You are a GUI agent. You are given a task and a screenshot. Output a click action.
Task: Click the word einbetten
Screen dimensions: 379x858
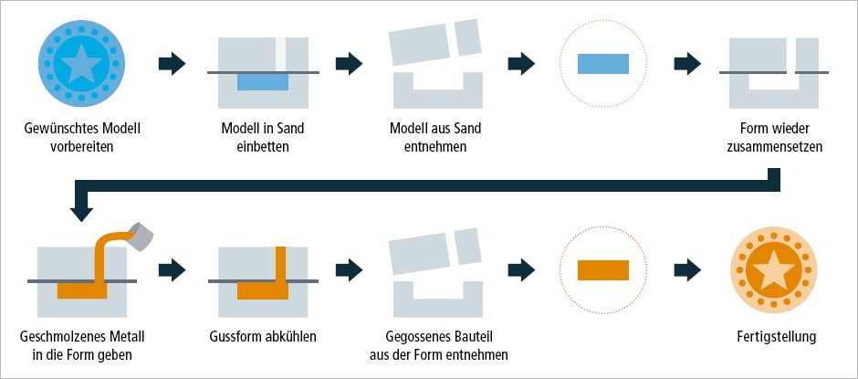coord(263,146)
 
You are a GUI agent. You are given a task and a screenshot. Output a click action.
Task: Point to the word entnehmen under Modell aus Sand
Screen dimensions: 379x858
coord(437,146)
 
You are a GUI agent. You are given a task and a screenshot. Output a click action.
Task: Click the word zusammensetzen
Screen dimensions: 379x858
coord(774,146)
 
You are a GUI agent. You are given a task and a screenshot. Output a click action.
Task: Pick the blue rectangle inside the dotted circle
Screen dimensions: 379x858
coord(603,63)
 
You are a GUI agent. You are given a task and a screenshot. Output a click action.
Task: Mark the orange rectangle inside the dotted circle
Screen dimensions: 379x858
coord(603,270)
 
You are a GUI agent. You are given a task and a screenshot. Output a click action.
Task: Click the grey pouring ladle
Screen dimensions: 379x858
coord(140,236)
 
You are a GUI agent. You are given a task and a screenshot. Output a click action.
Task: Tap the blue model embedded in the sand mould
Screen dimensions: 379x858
coord(263,81)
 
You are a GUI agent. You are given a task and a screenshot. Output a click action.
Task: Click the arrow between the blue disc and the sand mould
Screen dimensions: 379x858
coord(172,63)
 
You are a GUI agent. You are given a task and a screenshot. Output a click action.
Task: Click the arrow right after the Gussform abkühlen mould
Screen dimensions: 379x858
coord(348,270)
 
